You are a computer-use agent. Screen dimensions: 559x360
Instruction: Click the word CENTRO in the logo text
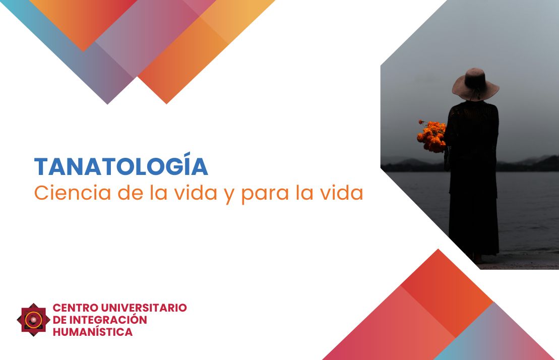76,308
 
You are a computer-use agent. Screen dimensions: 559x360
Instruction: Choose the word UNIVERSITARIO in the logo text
144,308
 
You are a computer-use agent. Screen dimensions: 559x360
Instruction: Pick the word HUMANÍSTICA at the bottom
93,332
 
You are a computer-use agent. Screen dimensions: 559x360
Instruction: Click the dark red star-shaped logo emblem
33,320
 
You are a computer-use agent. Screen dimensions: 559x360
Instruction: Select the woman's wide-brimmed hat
475,84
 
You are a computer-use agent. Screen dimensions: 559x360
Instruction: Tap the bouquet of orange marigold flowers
432,136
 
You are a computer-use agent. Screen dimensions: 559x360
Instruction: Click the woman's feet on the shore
479,259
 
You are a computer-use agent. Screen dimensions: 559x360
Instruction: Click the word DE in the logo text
59,320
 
